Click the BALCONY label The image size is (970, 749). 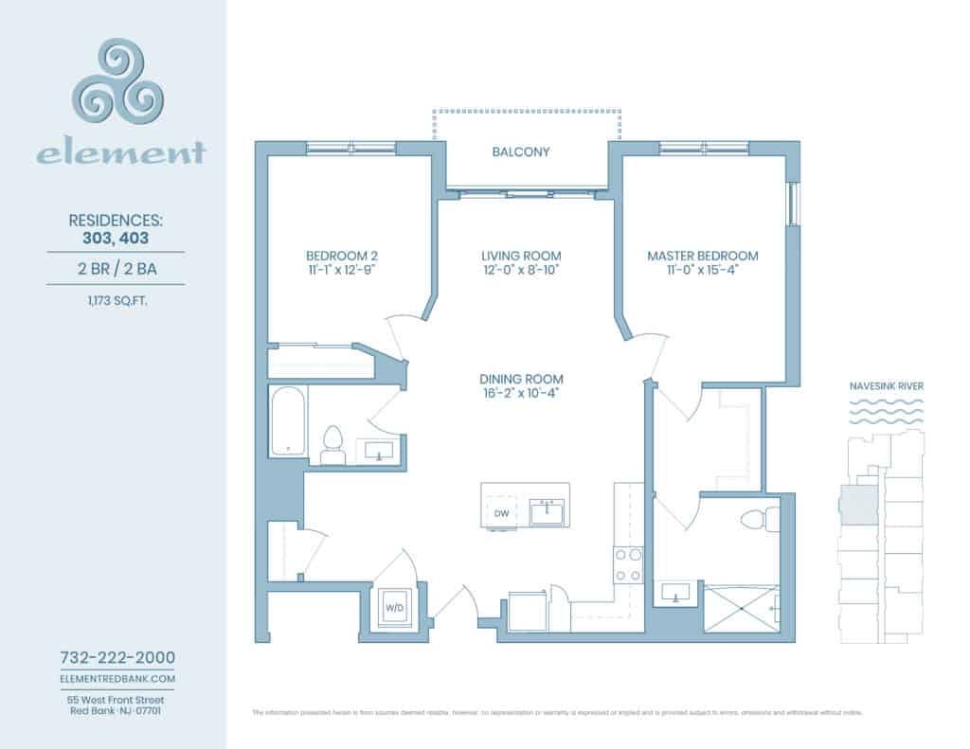tap(521, 152)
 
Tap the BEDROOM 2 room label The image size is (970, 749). tap(342, 256)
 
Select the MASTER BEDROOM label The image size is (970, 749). tap(702, 256)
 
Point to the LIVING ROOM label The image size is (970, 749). tap(521, 256)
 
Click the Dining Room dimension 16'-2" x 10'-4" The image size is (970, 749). tap(521, 394)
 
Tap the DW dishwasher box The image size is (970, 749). tap(502, 513)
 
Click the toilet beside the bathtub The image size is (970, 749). tap(332, 444)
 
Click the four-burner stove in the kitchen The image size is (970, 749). tap(629, 564)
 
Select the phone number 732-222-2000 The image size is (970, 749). tap(117, 657)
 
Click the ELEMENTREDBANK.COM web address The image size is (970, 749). tap(117, 679)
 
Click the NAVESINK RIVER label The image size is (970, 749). tap(887, 386)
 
